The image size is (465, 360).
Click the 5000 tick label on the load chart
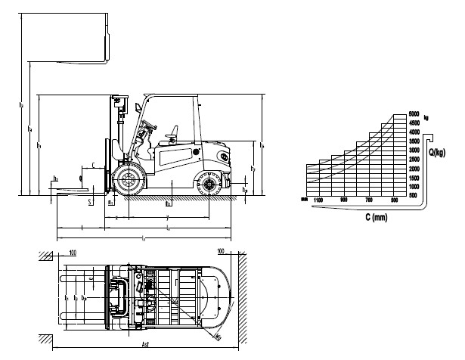click(x=414, y=114)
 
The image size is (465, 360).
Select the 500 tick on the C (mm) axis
click(x=394, y=200)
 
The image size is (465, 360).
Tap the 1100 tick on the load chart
click(x=318, y=200)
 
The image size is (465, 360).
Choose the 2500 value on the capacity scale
click(x=414, y=160)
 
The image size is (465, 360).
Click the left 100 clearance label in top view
click(x=73, y=251)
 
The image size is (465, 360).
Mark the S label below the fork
click(x=88, y=202)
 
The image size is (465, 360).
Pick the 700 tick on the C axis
click(x=369, y=200)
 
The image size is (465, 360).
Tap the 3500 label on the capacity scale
click(x=414, y=141)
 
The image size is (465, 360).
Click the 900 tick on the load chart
click(x=344, y=200)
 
